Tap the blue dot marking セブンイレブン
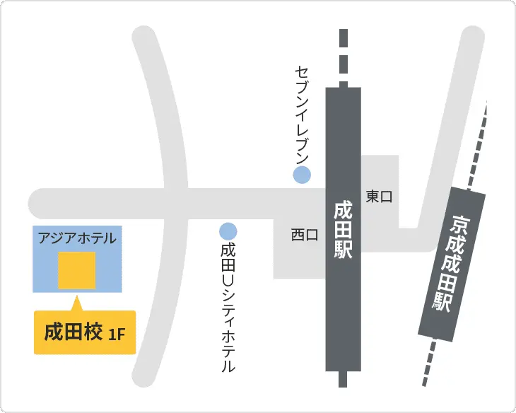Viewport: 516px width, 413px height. click(x=302, y=175)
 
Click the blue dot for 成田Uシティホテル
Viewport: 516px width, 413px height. click(x=228, y=231)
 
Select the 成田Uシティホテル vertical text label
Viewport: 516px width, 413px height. click(x=228, y=308)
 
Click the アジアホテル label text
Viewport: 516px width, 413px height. click(x=77, y=238)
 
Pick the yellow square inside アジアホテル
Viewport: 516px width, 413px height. click(x=76, y=270)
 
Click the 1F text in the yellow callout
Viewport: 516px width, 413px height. click(x=117, y=333)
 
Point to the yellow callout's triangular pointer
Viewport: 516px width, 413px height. click(x=76, y=305)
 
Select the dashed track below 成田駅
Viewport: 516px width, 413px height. click(x=343, y=379)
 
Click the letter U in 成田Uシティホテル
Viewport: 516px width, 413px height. click(x=228, y=280)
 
